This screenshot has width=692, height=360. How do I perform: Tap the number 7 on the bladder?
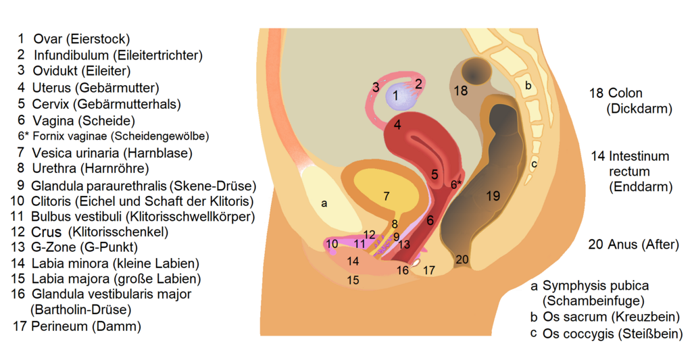(386, 197)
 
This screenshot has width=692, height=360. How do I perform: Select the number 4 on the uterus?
(398, 124)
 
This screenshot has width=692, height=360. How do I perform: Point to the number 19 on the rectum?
(493, 196)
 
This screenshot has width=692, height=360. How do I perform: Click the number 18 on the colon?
(461, 91)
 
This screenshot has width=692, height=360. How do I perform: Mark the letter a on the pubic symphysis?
(324, 203)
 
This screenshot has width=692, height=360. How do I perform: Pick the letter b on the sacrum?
(528, 86)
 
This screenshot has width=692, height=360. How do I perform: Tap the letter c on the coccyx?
(534, 163)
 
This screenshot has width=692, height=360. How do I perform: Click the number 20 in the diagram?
(462, 259)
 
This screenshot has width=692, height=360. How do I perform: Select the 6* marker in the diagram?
(457, 184)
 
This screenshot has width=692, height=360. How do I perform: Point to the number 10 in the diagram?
(332, 244)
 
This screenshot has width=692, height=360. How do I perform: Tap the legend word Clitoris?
(50, 201)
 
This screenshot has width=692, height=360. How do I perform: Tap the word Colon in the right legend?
(625, 93)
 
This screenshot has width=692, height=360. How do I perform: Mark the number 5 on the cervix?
(435, 174)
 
